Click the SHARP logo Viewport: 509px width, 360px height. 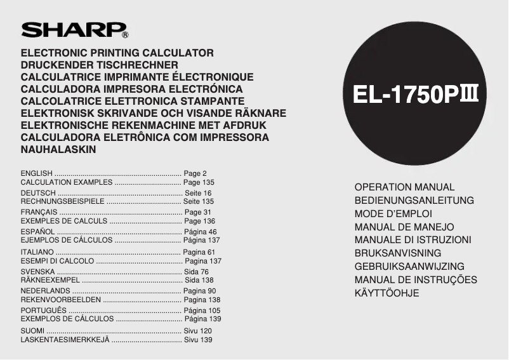coord(75,30)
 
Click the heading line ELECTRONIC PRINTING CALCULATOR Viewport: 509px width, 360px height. coord(117,53)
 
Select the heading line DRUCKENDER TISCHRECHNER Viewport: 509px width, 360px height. coord(99,65)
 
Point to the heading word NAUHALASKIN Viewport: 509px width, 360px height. coord(58,149)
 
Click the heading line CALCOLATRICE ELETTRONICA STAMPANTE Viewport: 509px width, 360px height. coord(133,101)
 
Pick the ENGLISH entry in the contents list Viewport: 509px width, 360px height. coord(37,173)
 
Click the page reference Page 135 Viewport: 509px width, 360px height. coord(199,182)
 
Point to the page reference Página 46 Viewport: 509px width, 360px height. coord(200,232)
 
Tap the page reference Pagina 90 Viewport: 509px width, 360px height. coord(199,291)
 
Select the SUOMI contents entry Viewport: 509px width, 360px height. coord(33,331)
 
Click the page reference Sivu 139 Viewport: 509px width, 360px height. coord(198,340)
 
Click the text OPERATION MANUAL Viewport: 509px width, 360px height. coord(404,187)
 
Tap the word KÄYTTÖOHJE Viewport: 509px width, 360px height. coord(387,293)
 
